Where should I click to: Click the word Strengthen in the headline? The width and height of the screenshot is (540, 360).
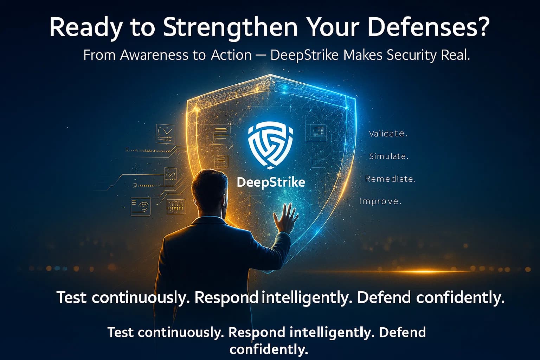(231, 27)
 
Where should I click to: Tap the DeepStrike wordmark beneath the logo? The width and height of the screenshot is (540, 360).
(271, 182)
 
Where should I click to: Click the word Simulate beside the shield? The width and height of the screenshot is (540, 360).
(388, 156)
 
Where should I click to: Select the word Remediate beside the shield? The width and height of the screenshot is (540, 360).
(390, 179)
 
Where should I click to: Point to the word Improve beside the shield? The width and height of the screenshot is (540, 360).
(380, 201)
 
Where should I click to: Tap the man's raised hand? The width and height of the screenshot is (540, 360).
(285, 218)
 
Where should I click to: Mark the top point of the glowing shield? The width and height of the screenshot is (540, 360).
(270, 75)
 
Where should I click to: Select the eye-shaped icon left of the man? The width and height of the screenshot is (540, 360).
(141, 206)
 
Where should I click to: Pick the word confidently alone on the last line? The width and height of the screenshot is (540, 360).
(269, 349)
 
